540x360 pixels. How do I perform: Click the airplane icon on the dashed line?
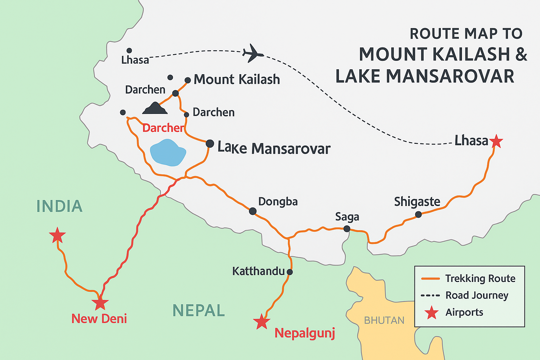252,53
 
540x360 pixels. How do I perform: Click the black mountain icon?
155,108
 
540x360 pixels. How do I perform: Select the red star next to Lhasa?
496,141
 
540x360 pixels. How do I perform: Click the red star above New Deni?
100,303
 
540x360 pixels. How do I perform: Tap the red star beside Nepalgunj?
262,322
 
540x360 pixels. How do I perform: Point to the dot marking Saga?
347,229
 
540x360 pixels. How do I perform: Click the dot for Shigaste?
418,214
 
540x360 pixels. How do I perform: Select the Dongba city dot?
252,211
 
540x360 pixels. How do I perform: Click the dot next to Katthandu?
289,272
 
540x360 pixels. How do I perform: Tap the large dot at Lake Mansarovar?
210,143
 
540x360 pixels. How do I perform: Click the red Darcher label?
163,128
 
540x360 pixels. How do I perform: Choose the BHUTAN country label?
384,320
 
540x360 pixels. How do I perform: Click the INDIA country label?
59,206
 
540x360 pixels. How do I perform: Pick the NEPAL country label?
199,310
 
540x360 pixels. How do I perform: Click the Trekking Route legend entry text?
480,278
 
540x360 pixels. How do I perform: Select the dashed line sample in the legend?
430,295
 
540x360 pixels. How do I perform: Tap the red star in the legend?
431,313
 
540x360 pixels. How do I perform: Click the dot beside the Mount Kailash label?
188,80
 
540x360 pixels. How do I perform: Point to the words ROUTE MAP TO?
466,34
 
